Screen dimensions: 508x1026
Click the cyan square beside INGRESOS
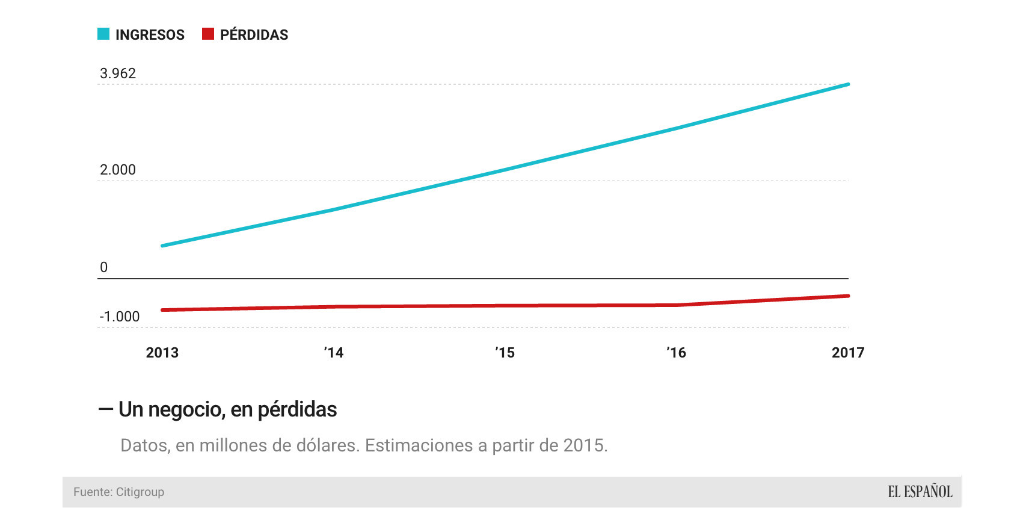point(103,34)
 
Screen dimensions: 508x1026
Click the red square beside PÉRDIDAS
point(208,34)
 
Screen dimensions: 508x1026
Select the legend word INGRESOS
point(150,35)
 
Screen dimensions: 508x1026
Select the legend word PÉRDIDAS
point(254,35)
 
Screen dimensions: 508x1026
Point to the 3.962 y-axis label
point(118,73)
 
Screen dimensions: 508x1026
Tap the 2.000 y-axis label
point(118,170)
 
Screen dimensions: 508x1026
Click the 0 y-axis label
point(103,267)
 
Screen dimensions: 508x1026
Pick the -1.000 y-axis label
point(120,317)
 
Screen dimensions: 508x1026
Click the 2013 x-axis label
point(162,353)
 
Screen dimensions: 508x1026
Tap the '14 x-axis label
point(334,353)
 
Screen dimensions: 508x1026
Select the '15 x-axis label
point(505,353)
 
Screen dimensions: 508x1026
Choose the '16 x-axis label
point(677,353)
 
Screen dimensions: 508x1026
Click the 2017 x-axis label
point(847,353)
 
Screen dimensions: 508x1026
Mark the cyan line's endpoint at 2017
point(848,84)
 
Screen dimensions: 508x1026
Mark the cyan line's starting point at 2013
point(162,246)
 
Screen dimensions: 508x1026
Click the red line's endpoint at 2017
point(848,296)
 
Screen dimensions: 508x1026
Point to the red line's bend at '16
point(677,305)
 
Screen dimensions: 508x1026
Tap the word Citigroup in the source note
point(140,492)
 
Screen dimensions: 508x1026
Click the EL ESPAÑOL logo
point(920,492)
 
